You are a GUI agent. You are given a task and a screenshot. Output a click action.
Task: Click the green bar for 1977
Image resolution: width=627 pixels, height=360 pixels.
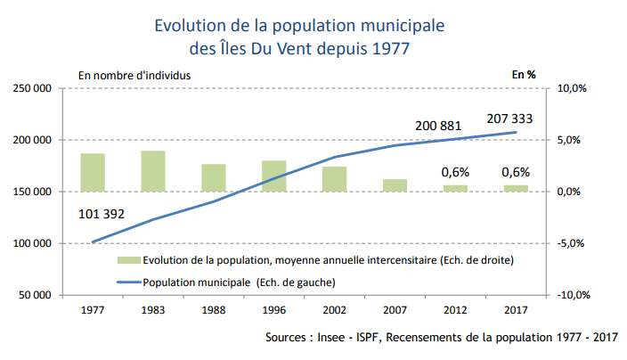coord(93,172)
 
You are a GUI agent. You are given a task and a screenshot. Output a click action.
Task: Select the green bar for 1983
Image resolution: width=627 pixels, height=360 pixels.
coord(153,171)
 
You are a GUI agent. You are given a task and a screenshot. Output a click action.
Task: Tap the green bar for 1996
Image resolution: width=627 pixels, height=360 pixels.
coord(273,176)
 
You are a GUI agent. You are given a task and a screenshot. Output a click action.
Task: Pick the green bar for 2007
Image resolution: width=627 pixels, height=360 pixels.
coord(395,185)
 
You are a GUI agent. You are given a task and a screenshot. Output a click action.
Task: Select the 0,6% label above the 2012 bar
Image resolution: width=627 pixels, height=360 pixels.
coord(455,172)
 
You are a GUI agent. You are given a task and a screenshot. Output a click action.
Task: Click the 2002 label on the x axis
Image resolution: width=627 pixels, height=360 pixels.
coord(334,310)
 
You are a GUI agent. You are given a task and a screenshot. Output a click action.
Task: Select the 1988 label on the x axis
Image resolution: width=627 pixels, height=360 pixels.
coord(213,310)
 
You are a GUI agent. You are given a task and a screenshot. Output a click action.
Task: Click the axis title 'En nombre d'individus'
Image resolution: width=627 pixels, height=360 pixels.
coord(134,75)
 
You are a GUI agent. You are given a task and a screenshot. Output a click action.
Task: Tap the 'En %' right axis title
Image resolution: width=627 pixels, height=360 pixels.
coord(523,75)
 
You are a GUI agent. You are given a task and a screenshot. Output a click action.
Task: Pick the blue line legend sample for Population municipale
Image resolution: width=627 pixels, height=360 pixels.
coord(127,282)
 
